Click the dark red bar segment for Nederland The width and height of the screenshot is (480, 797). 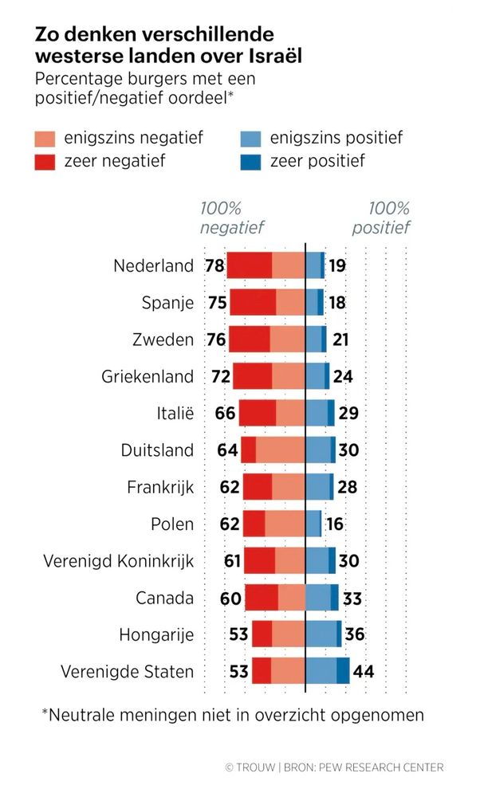(x=250, y=265)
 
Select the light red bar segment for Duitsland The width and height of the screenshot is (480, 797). (x=280, y=450)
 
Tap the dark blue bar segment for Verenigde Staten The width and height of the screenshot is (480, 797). (x=343, y=671)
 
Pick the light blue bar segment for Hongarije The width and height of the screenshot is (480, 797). (x=321, y=634)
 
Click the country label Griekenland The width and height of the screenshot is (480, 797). (x=148, y=376)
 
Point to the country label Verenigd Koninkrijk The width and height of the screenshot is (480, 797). (x=119, y=561)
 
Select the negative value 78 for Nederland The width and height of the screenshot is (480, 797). (x=214, y=265)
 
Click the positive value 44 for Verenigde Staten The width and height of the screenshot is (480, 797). (x=364, y=671)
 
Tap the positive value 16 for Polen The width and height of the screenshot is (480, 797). (x=335, y=524)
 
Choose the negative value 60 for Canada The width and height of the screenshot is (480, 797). (x=232, y=598)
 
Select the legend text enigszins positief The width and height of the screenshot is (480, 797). (x=336, y=138)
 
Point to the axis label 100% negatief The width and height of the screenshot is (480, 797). (x=221, y=218)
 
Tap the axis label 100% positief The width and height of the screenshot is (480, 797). (x=388, y=218)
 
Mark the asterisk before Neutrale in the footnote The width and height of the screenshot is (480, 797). (x=45, y=712)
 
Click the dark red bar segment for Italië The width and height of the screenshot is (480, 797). (x=258, y=413)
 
